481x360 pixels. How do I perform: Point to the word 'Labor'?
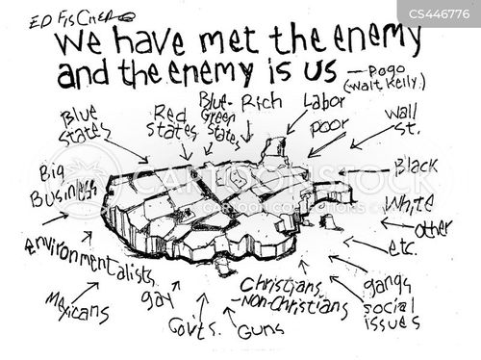[323, 100]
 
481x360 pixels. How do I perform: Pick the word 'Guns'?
[254, 330]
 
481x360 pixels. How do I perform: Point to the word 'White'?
[407, 204]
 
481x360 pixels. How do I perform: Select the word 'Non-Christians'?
[288, 306]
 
